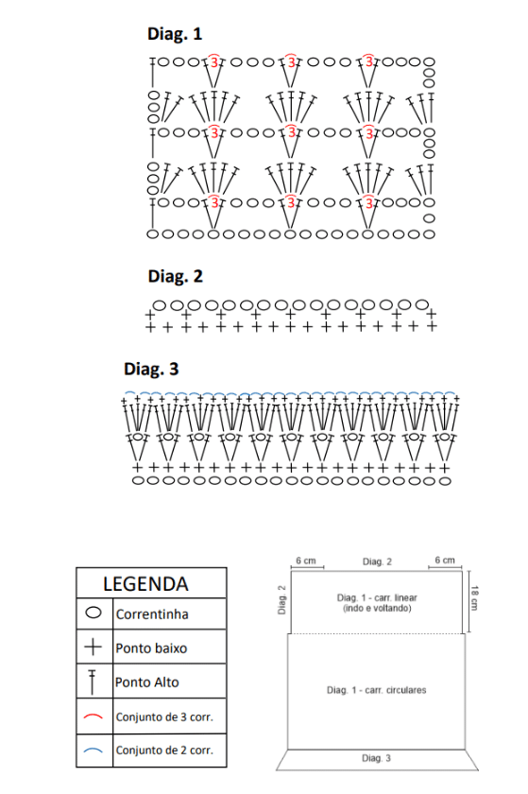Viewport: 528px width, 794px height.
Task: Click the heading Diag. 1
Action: pos(175,34)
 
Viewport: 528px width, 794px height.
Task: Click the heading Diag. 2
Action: pos(175,276)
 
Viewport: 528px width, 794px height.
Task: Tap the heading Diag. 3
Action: pos(151,370)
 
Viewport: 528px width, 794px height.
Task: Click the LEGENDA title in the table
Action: pos(145,584)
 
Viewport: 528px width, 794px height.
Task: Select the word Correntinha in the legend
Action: pos(152,614)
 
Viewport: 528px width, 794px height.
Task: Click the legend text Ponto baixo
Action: pos(151,648)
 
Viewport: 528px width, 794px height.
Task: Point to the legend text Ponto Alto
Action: pos(146,682)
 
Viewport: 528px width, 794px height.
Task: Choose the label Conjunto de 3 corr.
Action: pos(164,717)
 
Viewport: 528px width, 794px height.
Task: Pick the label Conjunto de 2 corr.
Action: pos(164,750)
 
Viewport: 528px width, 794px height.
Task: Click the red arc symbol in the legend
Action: pos(94,716)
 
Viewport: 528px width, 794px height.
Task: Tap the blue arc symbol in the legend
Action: pos(94,750)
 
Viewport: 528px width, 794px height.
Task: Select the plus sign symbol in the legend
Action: pos(94,647)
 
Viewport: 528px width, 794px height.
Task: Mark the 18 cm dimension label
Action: pos(475,598)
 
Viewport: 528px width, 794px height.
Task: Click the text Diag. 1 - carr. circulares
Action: pos(377,690)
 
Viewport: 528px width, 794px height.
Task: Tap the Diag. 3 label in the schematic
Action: pos(376,758)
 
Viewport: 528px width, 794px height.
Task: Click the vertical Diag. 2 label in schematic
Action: pos(282,600)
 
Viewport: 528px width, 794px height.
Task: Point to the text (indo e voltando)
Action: pos(377,608)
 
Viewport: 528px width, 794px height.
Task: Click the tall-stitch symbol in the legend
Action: pos(93,682)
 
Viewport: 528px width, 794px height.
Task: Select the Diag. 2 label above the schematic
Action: pos(377,561)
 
